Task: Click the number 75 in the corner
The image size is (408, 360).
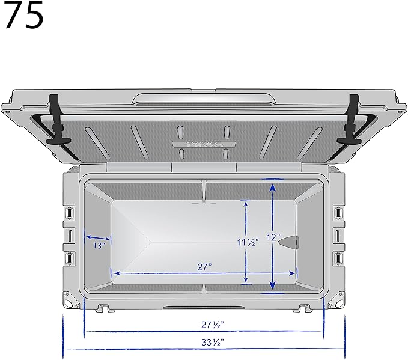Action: pyautogui.click(x=23, y=16)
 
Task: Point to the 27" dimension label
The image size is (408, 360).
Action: pyautogui.click(x=204, y=267)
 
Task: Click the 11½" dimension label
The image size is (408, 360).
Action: pyautogui.click(x=247, y=242)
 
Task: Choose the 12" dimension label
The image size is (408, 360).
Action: pyautogui.click(x=273, y=237)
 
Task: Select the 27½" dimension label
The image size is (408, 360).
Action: pyautogui.click(x=204, y=325)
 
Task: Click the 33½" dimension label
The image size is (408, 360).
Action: pyautogui.click(x=204, y=341)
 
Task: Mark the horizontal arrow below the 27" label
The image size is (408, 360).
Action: pyautogui.click(x=204, y=273)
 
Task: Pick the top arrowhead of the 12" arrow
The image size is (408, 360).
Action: pyautogui.click(x=273, y=187)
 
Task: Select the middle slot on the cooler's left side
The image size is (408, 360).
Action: pyautogui.click(x=70, y=234)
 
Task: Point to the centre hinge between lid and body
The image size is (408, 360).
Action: pyautogui.click(x=204, y=168)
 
